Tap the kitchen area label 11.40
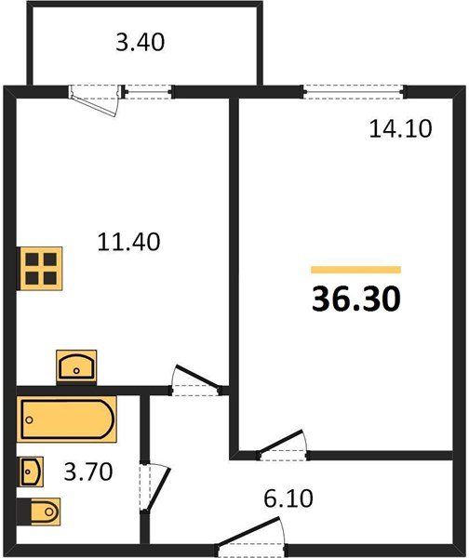click(129, 243)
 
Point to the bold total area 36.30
click(356, 299)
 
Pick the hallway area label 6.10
click(288, 498)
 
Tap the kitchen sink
click(76, 366)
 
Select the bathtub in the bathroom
click(67, 420)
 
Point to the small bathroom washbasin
click(30, 472)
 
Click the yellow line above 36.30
click(356, 269)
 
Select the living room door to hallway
click(282, 446)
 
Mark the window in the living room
click(354, 91)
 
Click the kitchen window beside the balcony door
click(148, 91)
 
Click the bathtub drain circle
click(30, 420)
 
